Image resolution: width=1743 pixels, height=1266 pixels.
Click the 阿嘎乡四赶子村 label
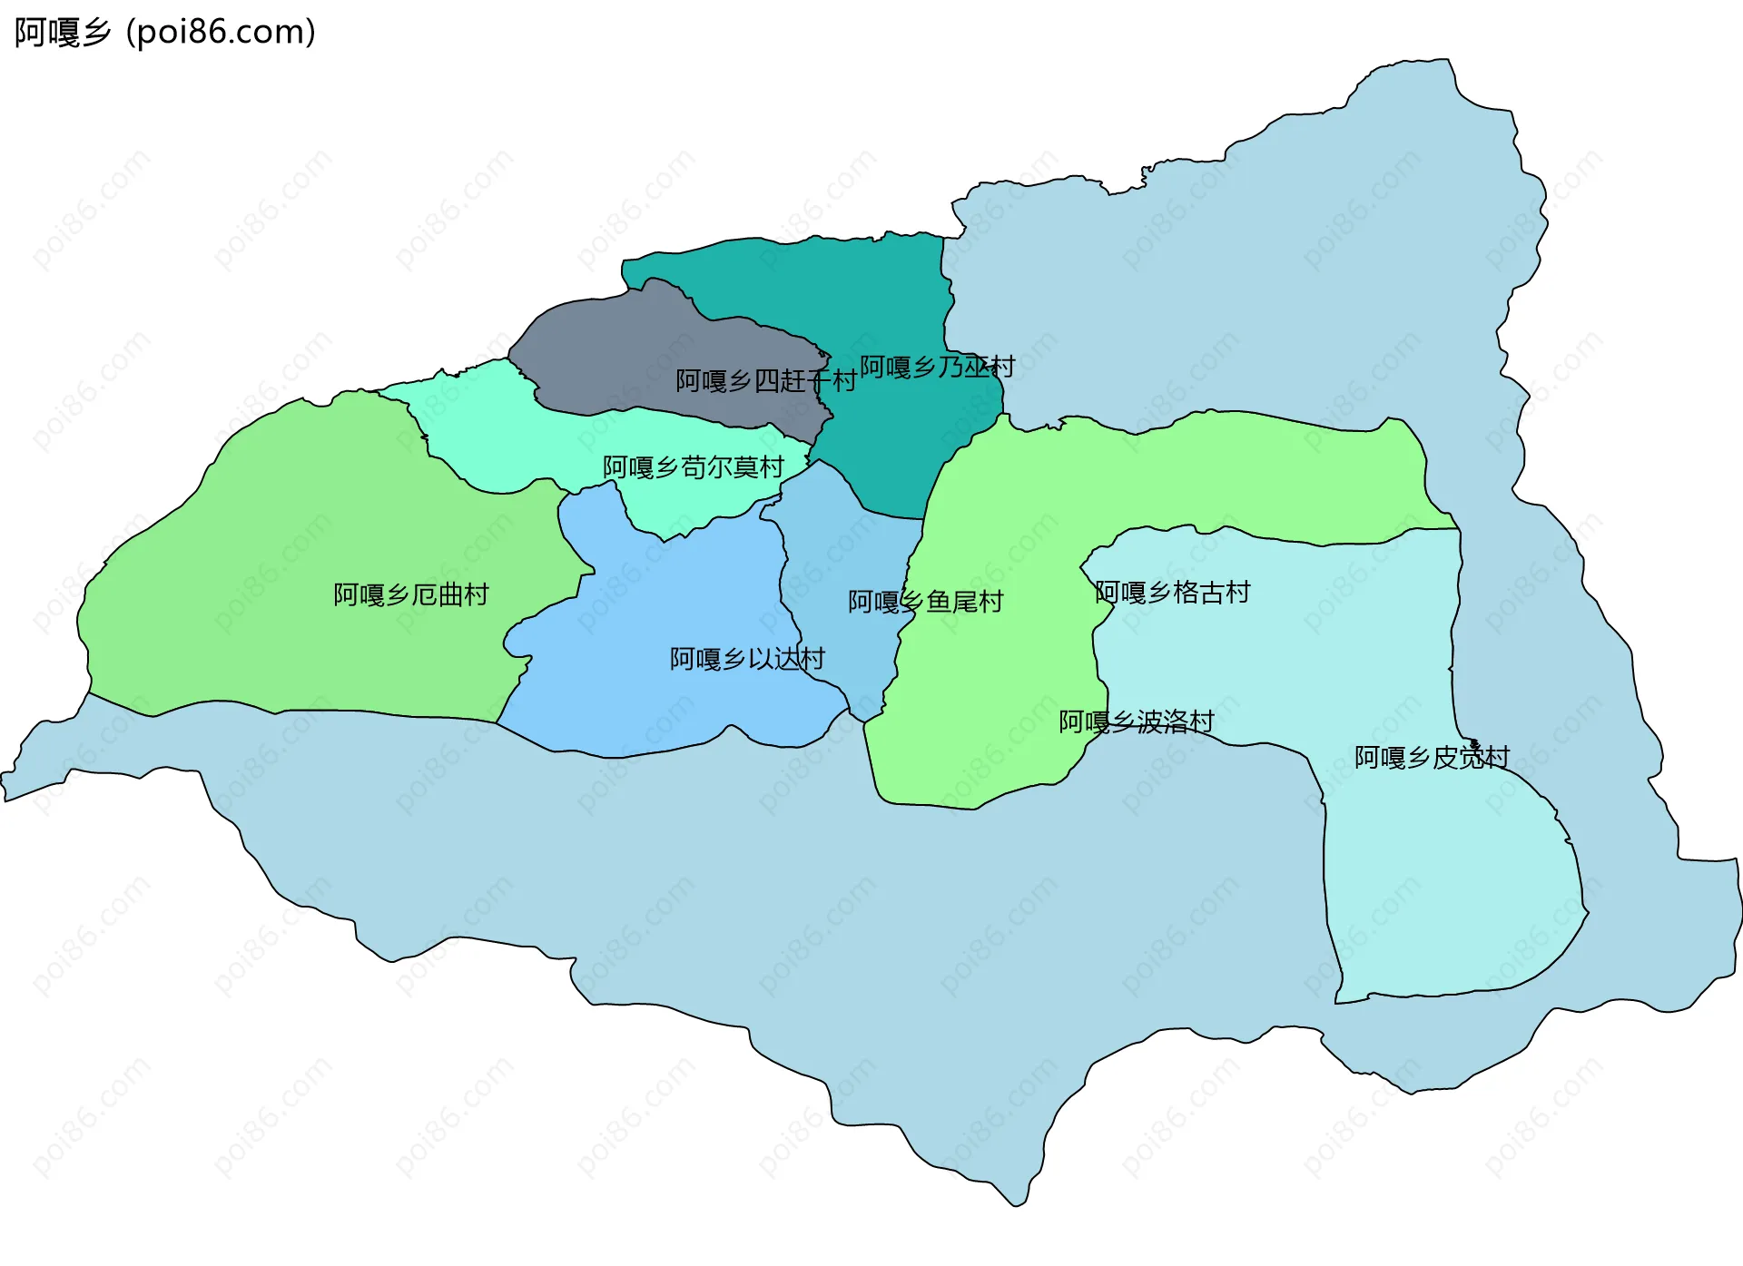tap(765, 381)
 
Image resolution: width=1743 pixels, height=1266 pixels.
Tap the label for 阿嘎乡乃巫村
tap(937, 367)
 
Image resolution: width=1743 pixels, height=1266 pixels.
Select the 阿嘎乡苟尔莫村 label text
tap(694, 467)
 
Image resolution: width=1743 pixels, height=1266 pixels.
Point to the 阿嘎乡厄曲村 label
tap(411, 594)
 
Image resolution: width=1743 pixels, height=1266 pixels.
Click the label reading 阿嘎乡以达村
tap(747, 659)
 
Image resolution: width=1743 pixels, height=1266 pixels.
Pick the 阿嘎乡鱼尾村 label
tap(925, 602)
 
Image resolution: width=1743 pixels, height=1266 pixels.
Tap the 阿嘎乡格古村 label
tap(1172, 593)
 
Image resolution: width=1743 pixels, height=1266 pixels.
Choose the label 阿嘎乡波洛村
tap(1136, 721)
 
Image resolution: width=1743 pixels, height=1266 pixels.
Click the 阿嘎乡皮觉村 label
tap(1432, 757)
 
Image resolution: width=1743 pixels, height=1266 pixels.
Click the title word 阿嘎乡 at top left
tap(62, 33)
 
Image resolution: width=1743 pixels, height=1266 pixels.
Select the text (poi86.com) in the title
tap(221, 33)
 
